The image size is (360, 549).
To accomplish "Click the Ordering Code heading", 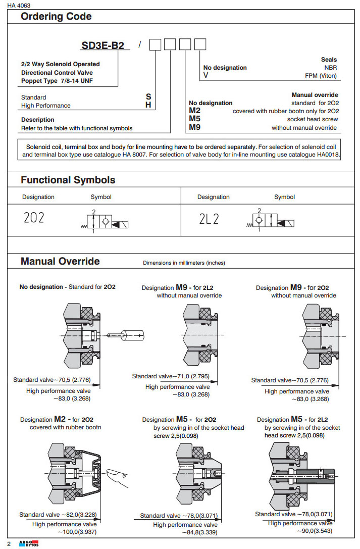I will pyautogui.click(x=56, y=17).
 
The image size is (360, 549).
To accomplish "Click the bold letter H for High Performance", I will pyautogui.click(x=148, y=105).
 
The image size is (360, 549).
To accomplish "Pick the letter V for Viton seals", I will pyautogui.click(x=205, y=76).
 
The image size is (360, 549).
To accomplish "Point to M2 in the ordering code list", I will pyautogui.click(x=195, y=111).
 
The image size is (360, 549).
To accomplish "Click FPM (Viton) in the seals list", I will pyautogui.click(x=321, y=76).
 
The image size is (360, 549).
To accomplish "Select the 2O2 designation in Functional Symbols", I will pyautogui.click(x=34, y=218).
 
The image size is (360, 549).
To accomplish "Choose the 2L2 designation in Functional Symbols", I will pyautogui.click(x=210, y=218).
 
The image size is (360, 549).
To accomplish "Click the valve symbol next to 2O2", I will pyautogui.click(x=104, y=222).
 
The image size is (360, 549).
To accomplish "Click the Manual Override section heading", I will pyautogui.click(x=60, y=261).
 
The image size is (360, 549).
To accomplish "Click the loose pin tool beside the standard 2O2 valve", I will pyautogui.click(x=126, y=333).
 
